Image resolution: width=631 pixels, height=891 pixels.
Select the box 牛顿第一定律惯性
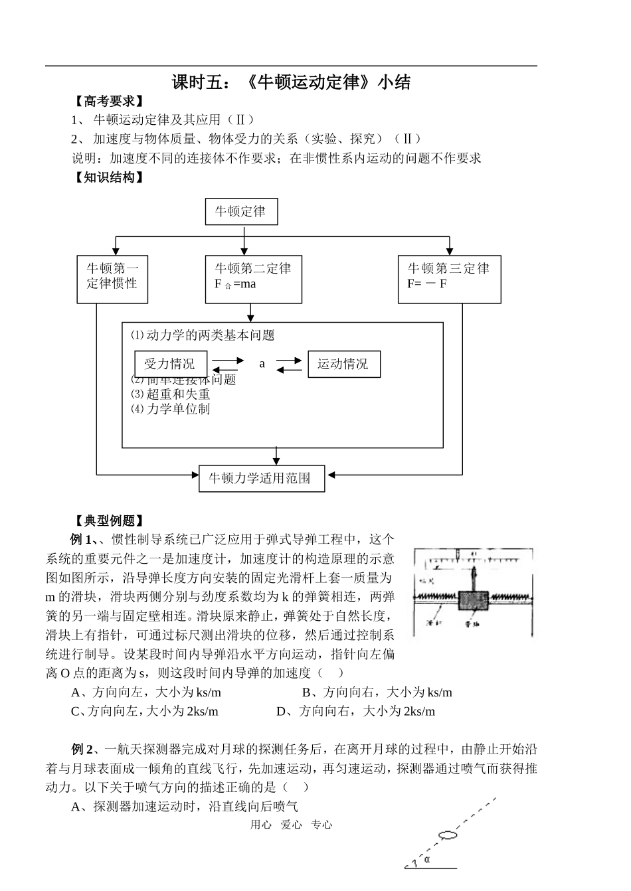[x=112, y=280]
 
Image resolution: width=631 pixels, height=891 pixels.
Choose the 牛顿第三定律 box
[x=449, y=280]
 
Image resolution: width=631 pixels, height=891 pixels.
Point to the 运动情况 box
[x=343, y=364]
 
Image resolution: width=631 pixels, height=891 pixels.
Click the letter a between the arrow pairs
[x=262, y=364]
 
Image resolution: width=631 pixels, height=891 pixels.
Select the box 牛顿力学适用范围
[x=262, y=478]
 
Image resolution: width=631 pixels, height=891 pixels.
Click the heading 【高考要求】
[x=108, y=102]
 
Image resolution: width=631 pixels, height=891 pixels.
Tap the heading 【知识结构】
[x=108, y=177]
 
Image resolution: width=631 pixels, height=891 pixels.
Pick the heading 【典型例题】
[x=108, y=521]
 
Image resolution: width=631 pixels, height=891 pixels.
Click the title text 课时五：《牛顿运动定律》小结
[x=291, y=82]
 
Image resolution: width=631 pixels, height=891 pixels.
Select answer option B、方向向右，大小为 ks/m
[x=377, y=692]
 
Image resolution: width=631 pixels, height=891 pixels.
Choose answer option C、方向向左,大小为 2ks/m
[x=144, y=711]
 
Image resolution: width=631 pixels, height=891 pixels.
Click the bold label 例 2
[x=83, y=750]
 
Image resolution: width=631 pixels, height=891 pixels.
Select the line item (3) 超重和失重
[x=171, y=394]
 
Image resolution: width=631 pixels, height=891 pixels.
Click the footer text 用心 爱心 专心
[x=291, y=825]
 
